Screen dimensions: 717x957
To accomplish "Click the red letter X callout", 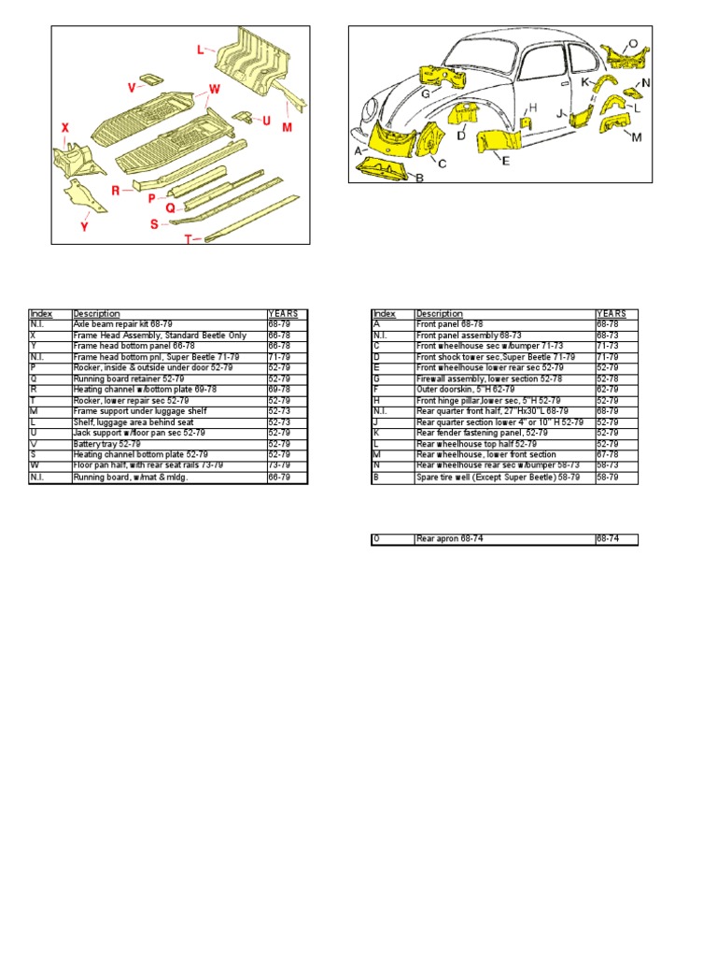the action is pyautogui.click(x=65, y=128).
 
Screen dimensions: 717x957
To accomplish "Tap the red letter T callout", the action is pyautogui.click(x=188, y=239).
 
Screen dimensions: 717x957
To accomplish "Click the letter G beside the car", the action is pyautogui.click(x=424, y=93).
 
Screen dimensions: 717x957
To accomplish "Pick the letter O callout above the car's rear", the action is pyautogui.click(x=632, y=43).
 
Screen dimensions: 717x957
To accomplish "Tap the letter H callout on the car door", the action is pyautogui.click(x=534, y=107).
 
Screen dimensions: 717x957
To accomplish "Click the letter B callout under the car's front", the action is pyautogui.click(x=419, y=177).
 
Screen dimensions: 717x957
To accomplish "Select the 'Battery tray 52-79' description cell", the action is pyautogui.click(x=169, y=444).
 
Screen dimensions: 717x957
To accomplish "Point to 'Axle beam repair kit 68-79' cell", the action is pyautogui.click(x=169, y=323).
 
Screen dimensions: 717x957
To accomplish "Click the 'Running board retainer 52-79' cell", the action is pyautogui.click(x=169, y=379).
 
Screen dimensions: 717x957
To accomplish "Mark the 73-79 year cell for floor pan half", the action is pyautogui.click(x=287, y=464).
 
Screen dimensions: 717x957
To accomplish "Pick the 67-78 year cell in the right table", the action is pyautogui.click(x=616, y=455).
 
